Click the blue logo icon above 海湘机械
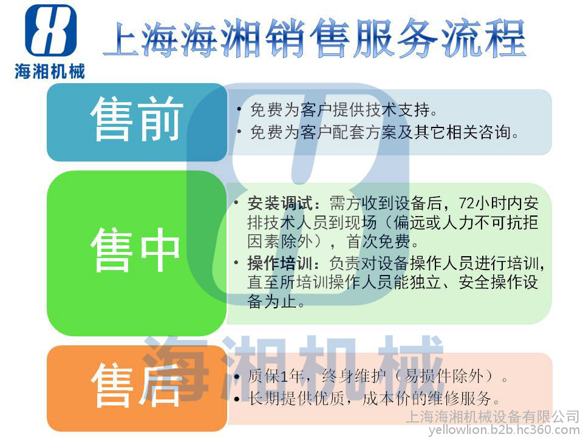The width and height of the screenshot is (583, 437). pyautogui.click(x=50, y=30)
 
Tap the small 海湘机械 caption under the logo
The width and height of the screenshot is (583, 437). pyautogui.click(x=50, y=71)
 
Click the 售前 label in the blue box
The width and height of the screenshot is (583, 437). pyautogui.click(x=137, y=119)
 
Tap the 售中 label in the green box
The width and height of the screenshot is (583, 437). pyautogui.click(x=135, y=249)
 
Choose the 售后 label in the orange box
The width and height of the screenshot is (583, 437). pyautogui.click(x=136, y=385)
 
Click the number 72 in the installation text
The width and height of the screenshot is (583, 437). pyautogui.click(x=466, y=203)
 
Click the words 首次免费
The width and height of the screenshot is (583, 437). pyautogui.click(x=378, y=242)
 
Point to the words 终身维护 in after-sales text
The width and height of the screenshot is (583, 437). pyautogui.click(x=354, y=376)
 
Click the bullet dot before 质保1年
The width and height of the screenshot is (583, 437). pyautogui.click(x=237, y=377)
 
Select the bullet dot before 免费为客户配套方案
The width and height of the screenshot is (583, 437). pyautogui.click(x=239, y=132)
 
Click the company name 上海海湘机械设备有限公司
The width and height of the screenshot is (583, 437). pyautogui.click(x=493, y=416)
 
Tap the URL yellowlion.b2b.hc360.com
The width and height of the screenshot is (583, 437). pyautogui.click(x=505, y=430)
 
